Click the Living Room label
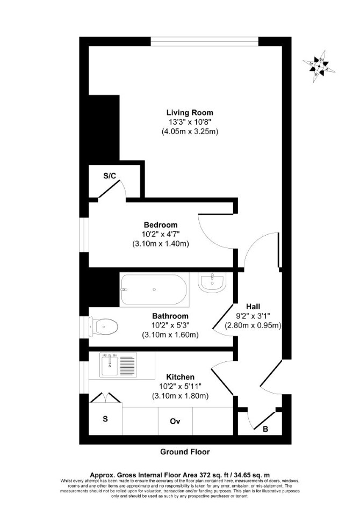point(190,113)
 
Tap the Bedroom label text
point(161,224)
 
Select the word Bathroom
point(170,316)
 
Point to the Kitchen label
point(181,377)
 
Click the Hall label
point(253,307)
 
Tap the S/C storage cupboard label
point(110,176)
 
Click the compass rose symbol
point(319,67)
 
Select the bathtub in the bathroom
point(154,289)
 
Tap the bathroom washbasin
point(212,282)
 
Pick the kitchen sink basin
point(109,366)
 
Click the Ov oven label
point(175,421)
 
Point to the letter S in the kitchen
point(105,419)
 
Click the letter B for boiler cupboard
point(265,429)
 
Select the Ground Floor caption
point(185,452)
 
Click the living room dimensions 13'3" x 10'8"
point(190,122)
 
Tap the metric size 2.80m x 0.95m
point(253,325)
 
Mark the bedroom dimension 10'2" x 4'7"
point(161,234)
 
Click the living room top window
point(205,41)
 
